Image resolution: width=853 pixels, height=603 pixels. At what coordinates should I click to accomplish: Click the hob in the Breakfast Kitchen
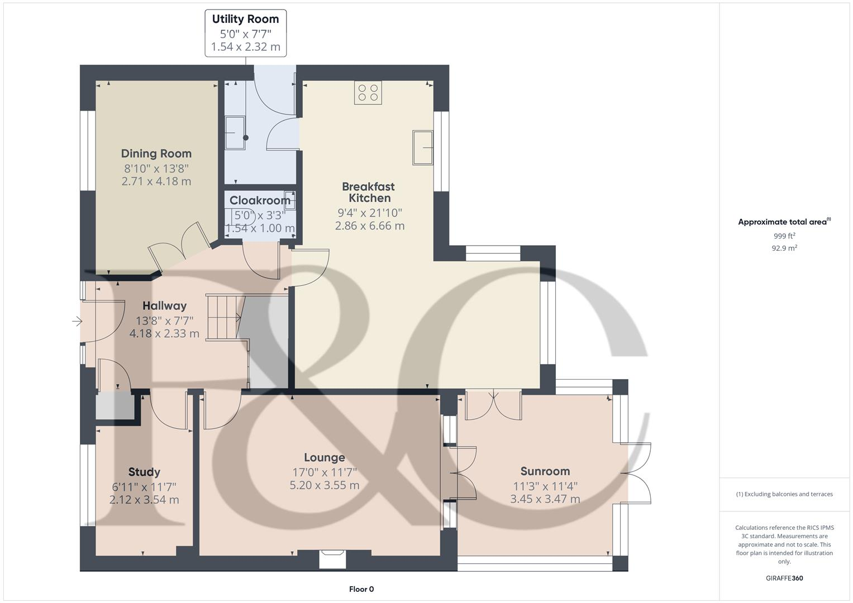pyautogui.click(x=368, y=93)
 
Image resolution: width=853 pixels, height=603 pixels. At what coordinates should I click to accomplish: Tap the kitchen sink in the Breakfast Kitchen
pyautogui.click(x=423, y=147)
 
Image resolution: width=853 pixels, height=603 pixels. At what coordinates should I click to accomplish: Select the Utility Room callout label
pyautogui.click(x=245, y=33)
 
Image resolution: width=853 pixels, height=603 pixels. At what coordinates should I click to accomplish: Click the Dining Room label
pyautogui.click(x=156, y=154)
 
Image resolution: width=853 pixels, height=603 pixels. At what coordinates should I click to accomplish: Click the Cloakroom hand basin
pyautogui.click(x=289, y=199)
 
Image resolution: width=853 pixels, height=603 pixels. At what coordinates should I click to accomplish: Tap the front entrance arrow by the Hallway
pyautogui.click(x=77, y=322)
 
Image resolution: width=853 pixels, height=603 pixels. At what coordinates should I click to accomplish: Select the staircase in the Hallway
pyautogui.click(x=223, y=317)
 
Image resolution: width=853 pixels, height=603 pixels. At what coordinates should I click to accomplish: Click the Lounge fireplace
pyautogui.click(x=332, y=558)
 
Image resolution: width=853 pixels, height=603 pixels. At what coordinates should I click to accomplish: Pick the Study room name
pyautogui.click(x=144, y=472)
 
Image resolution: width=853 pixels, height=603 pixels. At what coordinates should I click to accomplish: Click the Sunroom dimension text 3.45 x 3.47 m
pyautogui.click(x=545, y=499)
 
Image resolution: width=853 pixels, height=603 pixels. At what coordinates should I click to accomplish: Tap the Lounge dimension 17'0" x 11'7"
pyautogui.click(x=324, y=472)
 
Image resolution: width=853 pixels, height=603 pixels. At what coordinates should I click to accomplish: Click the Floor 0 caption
pyautogui.click(x=361, y=589)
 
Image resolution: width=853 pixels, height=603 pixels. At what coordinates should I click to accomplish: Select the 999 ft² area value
pyautogui.click(x=784, y=236)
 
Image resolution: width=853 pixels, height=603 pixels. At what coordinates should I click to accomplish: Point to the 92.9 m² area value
pyautogui.click(x=784, y=248)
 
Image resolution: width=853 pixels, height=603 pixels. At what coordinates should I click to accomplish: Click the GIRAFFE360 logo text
pyautogui.click(x=784, y=578)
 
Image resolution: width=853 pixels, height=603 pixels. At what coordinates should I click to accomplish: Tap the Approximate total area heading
pyautogui.click(x=784, y=222)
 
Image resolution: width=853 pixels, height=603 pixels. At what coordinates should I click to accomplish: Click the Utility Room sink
pyautogui.click(x=235, y=133)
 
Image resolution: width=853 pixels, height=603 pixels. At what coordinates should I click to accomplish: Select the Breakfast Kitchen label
pyautogui.click(x=369, y=192)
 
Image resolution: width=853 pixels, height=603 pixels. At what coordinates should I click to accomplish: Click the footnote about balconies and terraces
pyautogui.click(x=784, y=494)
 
